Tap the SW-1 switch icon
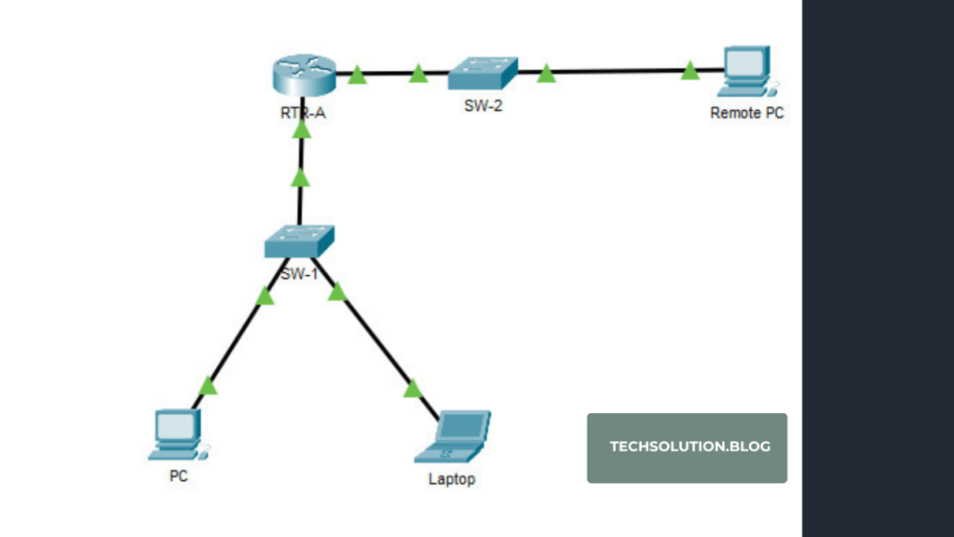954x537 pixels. (298, 241)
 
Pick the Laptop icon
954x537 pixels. (453, 436)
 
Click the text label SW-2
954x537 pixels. (483, 105)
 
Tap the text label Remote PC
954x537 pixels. (747, 113)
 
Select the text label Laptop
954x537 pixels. (452, 479)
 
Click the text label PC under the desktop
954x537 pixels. (177, 475)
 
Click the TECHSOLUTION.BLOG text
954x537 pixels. (689, 447)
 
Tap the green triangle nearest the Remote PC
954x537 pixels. (689, 71)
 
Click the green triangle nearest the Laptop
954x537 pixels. (413, 389)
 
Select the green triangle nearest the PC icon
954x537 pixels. (209, 386)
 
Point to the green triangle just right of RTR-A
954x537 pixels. (357, 75)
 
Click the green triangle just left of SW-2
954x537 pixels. (418, 73)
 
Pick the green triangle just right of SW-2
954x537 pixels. (546, 74)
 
